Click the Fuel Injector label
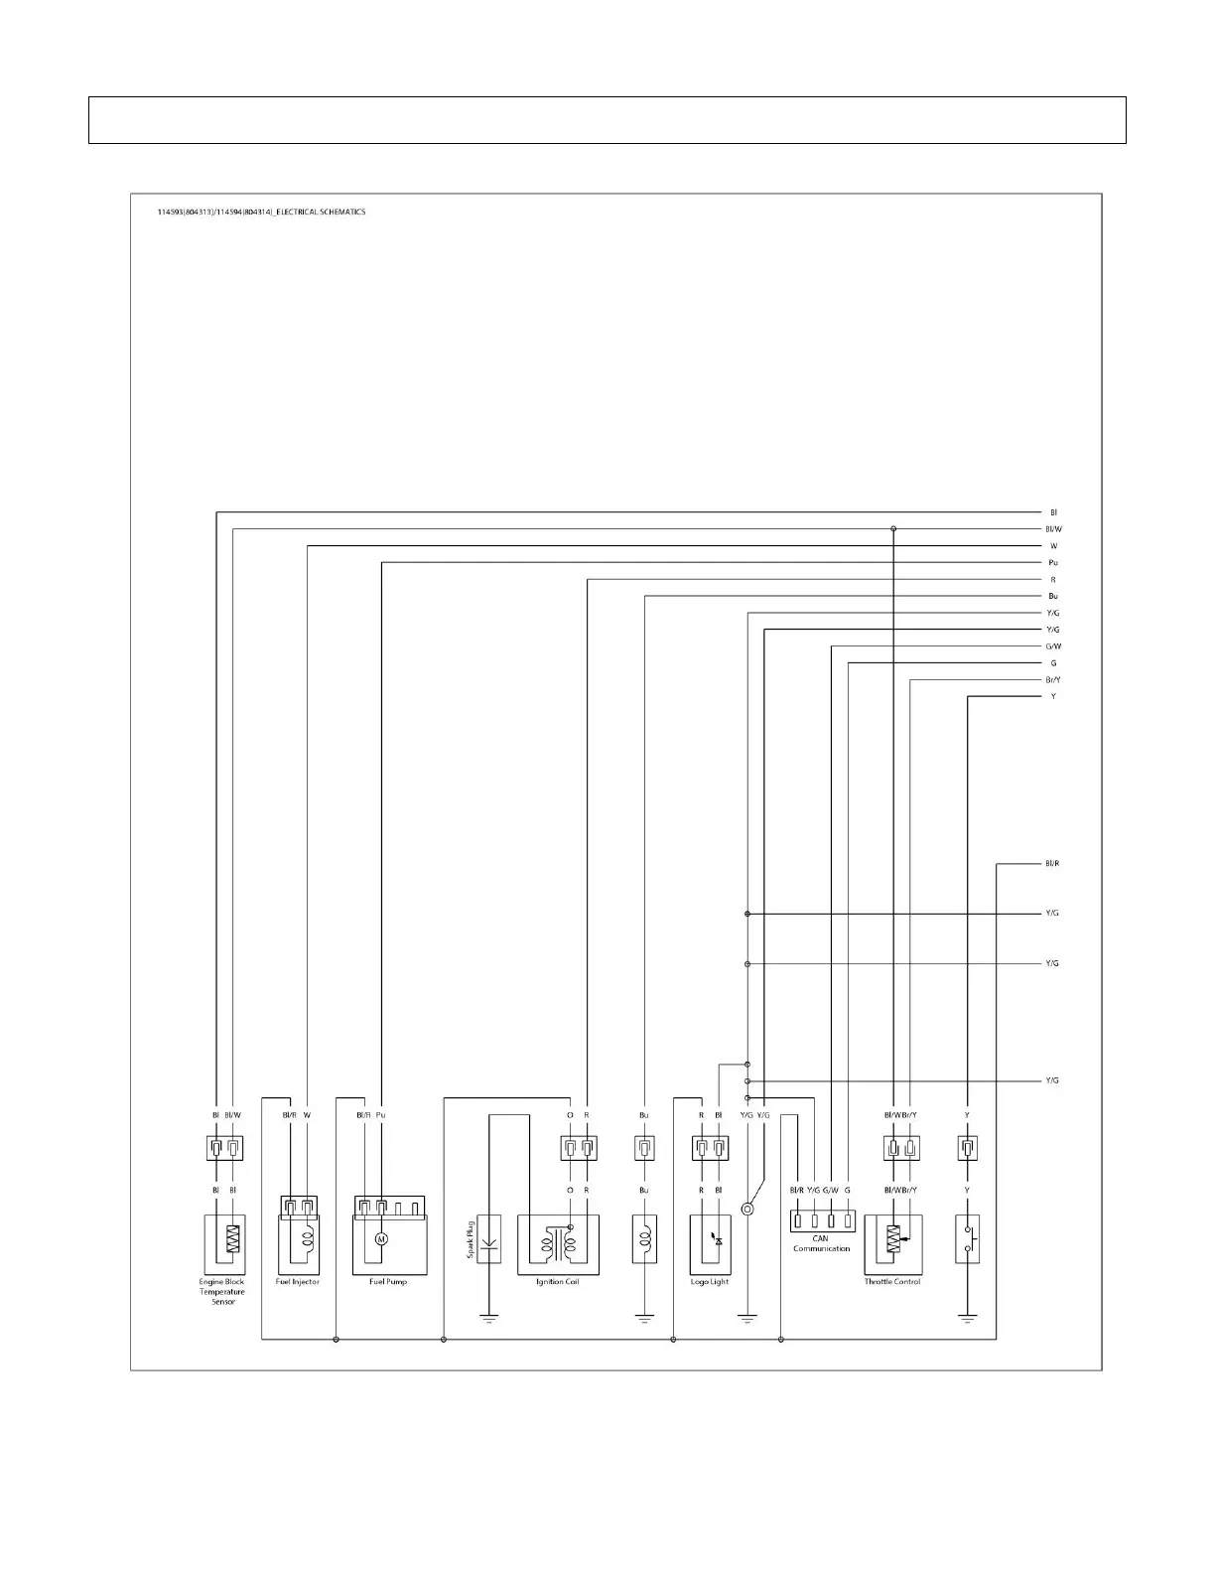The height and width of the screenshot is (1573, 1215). pyautogui.click(x=298, y=1282)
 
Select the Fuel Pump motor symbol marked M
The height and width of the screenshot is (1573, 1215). pyautogui.click(x=380, y=1239)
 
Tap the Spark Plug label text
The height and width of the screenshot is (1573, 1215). pyautogui.click(x=471, y=1239)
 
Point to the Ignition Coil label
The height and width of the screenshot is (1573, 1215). pyautogui.click(x=557, y=1282)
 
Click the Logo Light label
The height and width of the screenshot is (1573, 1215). pyautogui.click(x=710, y=1282)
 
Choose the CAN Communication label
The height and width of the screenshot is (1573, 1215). pyautogui.click(x=821, y=1243)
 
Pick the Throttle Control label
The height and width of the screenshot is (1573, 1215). pyautogui.click(x=891, y=1282)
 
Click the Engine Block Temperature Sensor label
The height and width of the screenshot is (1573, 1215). pyautogui.click(x=222, y=1291)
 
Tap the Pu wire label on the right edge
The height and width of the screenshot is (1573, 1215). pyautogui.click(x=1053, y=563)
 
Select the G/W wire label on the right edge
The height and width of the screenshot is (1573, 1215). pyautogui.click(x=1053, y=646)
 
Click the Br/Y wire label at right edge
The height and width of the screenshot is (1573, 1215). pyautogui.click(x=1053, y=680)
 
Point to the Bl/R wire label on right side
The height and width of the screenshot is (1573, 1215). pyautogui.click(x=1052, y=864)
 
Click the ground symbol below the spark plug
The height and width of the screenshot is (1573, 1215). pyautogui.click(x=488, y=1319)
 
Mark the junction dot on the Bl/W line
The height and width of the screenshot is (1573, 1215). pyautogui.click(x=893, y=529)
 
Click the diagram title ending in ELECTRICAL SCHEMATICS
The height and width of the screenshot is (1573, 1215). pyautogui.click(x=261, y=212)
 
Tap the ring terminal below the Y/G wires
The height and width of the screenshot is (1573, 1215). pyautogui.click(x=747, y=1209)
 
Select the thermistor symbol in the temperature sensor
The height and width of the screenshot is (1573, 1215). pyautogui.click(x=233, y=1239)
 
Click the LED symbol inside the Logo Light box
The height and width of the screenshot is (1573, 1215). pyautogui.click(x=719, y=1240)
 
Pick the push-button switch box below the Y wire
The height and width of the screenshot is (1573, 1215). pyautogui.click(x=968, y=1238)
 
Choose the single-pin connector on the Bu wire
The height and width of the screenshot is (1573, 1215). pyautogui.click(x=644, y=1149)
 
